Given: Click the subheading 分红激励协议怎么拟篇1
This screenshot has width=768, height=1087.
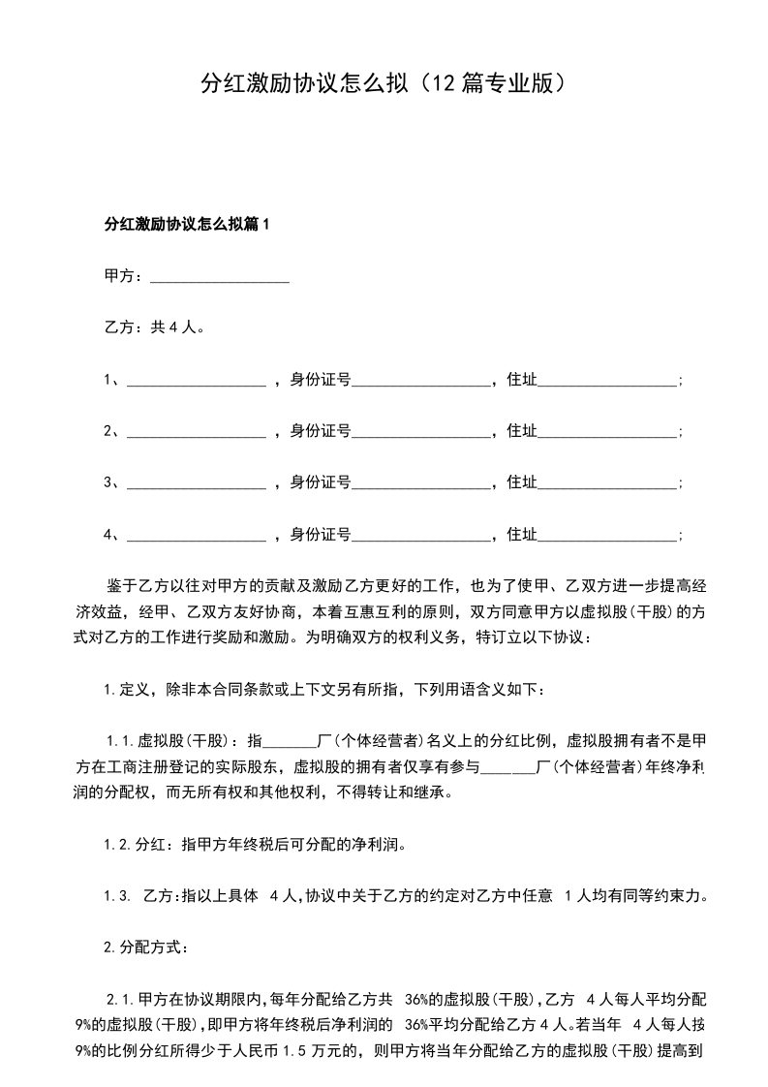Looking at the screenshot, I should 185,225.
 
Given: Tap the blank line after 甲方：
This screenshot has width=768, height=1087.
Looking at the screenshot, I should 220,278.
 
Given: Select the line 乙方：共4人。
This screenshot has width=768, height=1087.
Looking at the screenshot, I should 153,328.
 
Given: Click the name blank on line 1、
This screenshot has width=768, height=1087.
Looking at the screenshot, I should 196,381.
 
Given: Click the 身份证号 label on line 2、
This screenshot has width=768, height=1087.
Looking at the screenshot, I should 321,432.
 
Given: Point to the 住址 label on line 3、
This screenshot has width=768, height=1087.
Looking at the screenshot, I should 521,482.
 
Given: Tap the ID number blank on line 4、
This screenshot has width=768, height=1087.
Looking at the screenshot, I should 421,535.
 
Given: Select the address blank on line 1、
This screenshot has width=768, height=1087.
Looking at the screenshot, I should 606,381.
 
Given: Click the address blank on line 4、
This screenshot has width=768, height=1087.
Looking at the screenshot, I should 606,535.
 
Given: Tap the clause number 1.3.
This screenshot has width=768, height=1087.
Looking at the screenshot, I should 117,895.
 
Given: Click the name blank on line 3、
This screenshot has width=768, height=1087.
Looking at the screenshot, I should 196,482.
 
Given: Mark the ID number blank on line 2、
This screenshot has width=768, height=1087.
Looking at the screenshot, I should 421,432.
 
